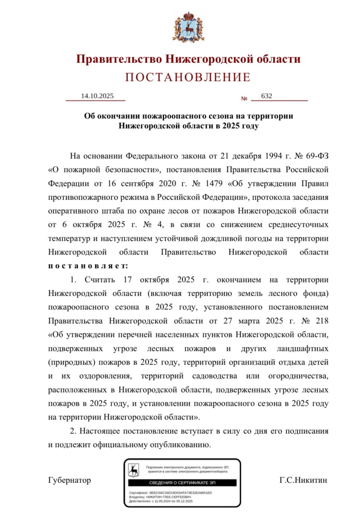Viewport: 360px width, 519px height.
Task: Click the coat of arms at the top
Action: (x=188, y=27)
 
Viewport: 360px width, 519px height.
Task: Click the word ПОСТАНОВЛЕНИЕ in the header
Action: (x=188, y=77)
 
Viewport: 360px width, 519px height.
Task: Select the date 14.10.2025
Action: (x=97, y=96)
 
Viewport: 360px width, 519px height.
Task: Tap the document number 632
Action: (x=266, y=96)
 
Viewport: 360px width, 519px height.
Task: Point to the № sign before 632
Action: (x=244, y=99)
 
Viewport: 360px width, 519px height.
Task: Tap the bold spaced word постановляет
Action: (x=88, y=266)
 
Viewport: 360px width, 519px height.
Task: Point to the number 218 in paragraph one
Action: (x=320, y=321)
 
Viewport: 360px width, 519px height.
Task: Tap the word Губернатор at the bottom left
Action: (x=69, y=480)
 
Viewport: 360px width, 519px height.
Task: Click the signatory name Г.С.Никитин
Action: (x=303, y=480)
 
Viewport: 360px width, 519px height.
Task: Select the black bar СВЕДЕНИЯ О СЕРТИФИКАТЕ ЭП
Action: (x=182, y=483)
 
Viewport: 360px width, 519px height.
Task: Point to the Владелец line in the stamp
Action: (x=160, y=497)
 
